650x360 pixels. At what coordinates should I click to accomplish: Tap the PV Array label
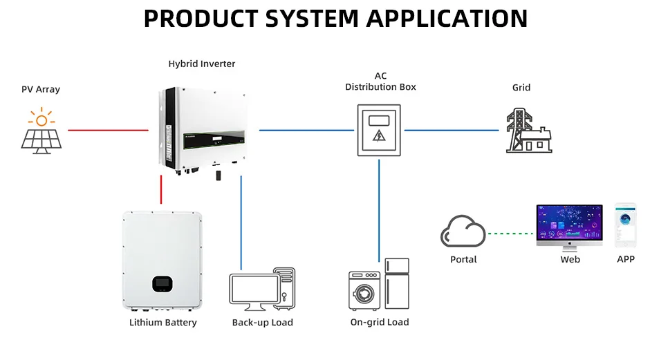[x=41, y=89]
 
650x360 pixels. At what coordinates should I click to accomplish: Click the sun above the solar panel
[x=41, y=119]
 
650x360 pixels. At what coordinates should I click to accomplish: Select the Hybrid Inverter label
[x=202, y=64]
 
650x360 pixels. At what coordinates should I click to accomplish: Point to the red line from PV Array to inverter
[x=108, y=130]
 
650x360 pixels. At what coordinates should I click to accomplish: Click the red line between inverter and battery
[x=161, y=189]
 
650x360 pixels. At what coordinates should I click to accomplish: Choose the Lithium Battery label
[x=163, y=323]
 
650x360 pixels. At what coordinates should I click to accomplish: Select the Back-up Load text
[x=263, y=323]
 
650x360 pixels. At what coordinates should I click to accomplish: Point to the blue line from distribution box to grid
[x=451, y=130]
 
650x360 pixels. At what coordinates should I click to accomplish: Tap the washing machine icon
[x=364, y=290]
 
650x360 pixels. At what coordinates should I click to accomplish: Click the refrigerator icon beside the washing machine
[x=397, y=283]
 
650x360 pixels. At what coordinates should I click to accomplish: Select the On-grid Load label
[x=380, y=322]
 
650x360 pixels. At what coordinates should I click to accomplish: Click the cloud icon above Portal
[x=463, y=232]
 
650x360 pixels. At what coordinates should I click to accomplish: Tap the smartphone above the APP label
[x=626, y=225]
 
